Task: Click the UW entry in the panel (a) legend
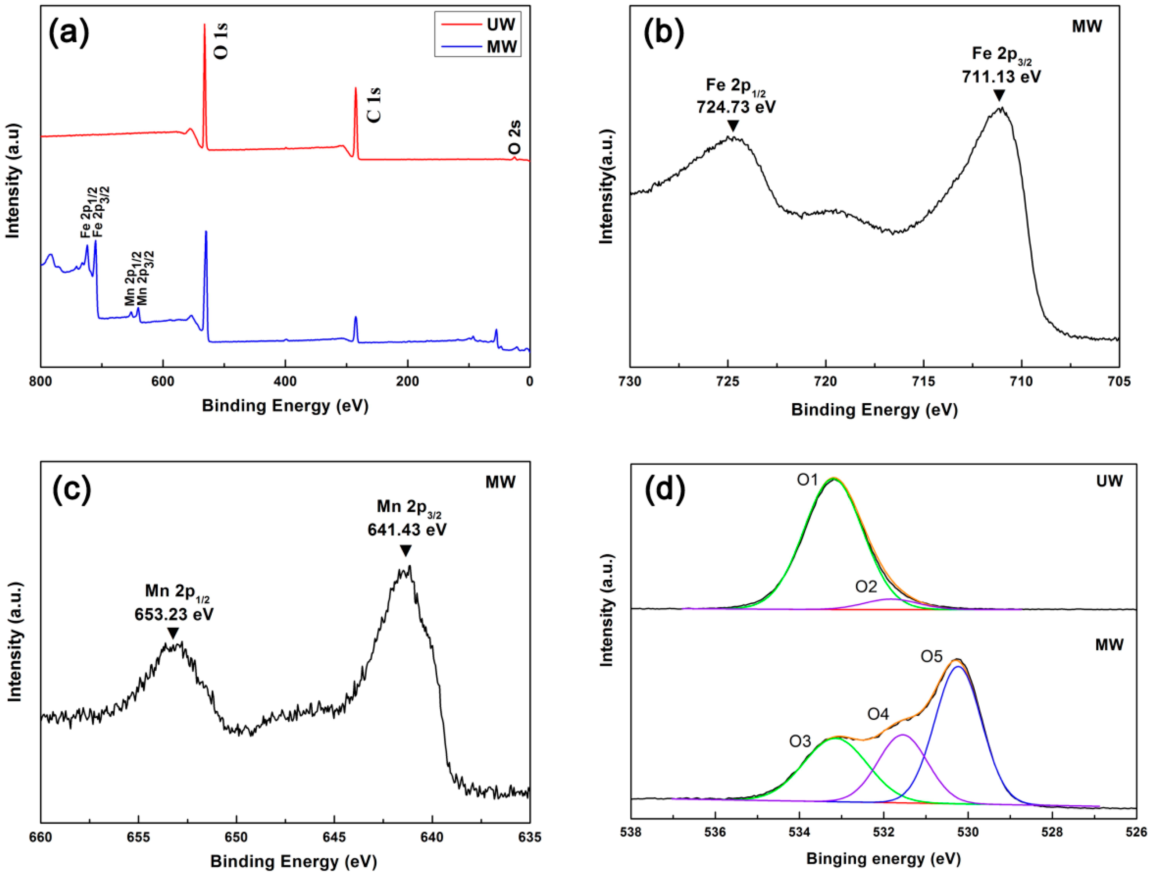(x=500, y=24)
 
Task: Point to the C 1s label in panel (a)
(x=374, y=105)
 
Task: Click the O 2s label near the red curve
(x=514, y=137)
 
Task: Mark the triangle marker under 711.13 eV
(x=999, y=96)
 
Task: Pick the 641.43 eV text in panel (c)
(x=407, y=529)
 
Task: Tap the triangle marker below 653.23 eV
(x=173, y=633)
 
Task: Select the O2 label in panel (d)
(x=866, y=587)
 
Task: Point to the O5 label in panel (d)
(x=931, y=656)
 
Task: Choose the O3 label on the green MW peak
(x=800, y=741)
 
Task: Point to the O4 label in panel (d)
(x=878, y=714)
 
